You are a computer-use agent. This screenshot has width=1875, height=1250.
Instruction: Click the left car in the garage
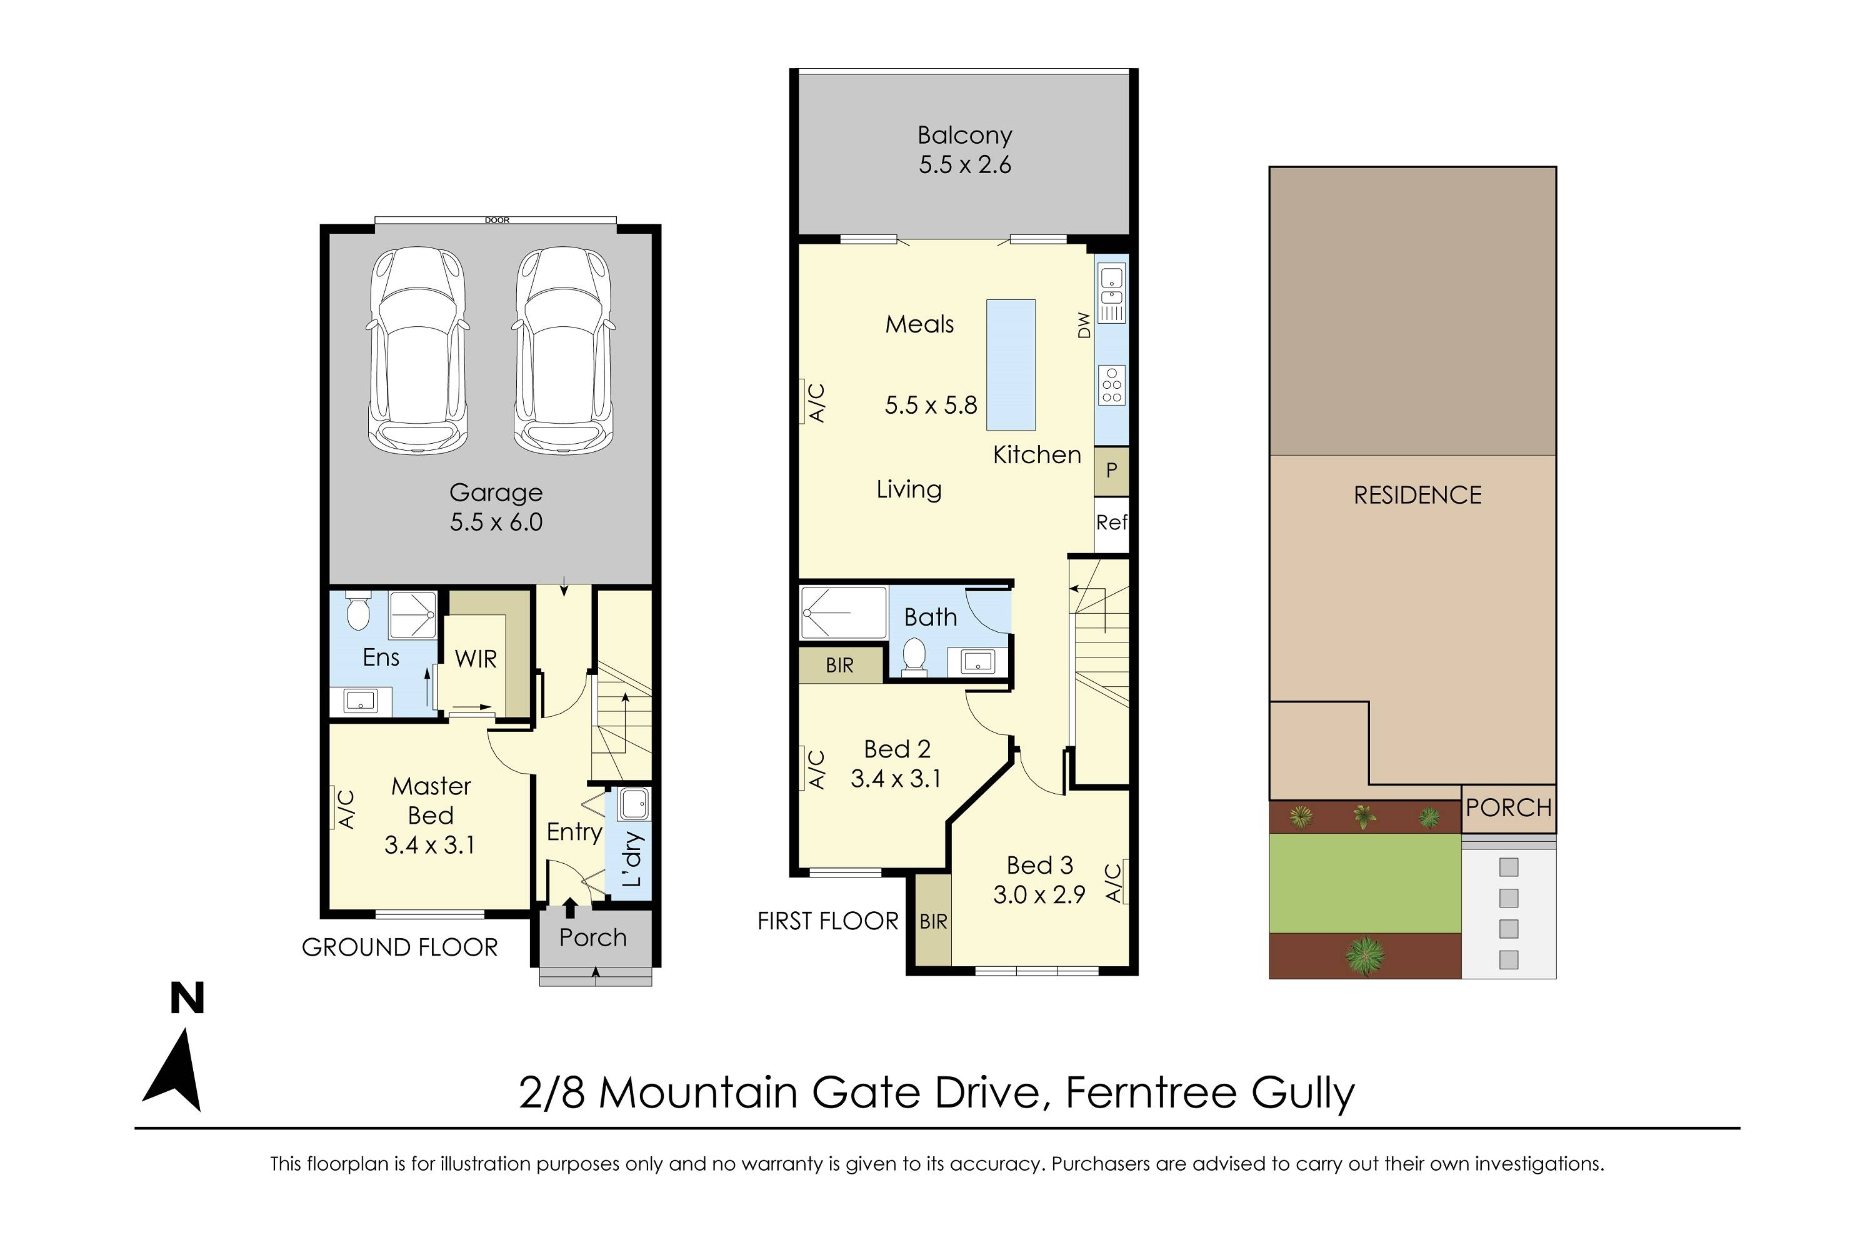pyautogui.click(x=417, y=351)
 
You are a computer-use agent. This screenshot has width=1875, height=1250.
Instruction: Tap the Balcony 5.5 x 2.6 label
pyautogui.click(x=964, y=150)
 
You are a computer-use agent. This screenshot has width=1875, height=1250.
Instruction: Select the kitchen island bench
pyautogui.click(x=1011, y=365)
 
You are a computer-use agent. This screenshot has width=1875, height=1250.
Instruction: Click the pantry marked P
pyautogui.click(x=1111, y=471)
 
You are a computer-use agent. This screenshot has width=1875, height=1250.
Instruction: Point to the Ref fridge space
pyautogui.click(x=1111, y=523)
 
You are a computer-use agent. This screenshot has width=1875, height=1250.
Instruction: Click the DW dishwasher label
pyautogui.click(x=1083, y=324)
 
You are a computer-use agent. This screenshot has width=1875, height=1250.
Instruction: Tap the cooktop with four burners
pyautogui.click(x=1111, y=385)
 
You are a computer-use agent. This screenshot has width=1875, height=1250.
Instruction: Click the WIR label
pyautogui.click(x=475, y=659)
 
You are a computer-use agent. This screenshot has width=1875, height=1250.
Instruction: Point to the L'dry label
pyautogui.click(x=632, y=859)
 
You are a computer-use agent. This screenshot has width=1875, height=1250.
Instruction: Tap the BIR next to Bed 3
pyautogui.click(x=932, y=921)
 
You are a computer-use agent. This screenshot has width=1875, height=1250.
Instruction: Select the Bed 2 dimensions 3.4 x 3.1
pyautogui.click(x=896, y=779)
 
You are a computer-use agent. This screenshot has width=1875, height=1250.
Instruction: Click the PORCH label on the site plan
pyautogui.click(x=1508, y=808)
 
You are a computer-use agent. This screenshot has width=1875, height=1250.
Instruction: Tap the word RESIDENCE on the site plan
pyautogui.click(x=1417, y=496)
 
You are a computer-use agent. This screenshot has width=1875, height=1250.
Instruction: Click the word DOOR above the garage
pyautogui.click(x=497, y=220)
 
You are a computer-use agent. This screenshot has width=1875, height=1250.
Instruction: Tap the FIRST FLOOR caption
pyautogui.click(x=827, y=921)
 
